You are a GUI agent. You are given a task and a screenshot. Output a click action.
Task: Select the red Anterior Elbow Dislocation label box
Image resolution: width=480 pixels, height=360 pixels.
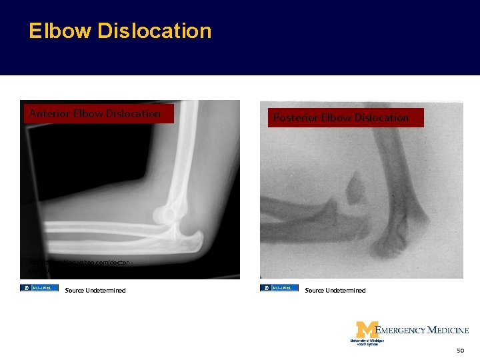click(99, 113)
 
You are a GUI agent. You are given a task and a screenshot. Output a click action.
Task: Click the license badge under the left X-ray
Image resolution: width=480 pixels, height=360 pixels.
click(39, 288)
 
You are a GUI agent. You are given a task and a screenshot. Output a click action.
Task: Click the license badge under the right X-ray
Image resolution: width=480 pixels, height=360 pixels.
click(279, 288)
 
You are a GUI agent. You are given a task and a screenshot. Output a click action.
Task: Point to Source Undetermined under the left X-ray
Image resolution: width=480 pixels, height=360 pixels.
click(95, 290)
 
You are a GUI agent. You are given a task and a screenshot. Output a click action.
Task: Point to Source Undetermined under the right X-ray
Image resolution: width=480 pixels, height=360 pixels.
click(335, 290)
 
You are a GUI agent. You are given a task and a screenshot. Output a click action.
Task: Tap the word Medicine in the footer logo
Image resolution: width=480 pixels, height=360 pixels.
click(447, 330)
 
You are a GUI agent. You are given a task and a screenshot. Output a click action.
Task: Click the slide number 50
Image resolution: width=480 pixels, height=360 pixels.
click(460, 350)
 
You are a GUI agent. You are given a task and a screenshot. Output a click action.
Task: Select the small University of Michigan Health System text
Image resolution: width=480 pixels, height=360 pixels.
click(367, 342)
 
